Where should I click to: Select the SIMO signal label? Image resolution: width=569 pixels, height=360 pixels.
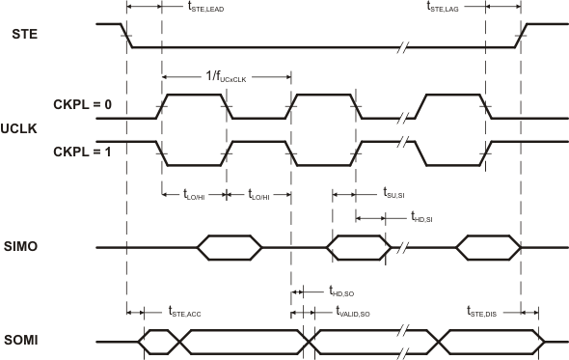[27, 248]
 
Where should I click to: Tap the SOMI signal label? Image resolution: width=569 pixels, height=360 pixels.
[27, 340]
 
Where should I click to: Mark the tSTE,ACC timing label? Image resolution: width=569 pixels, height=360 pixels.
[184, 312]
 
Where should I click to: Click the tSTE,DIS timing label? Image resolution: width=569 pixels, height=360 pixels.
[482, 312]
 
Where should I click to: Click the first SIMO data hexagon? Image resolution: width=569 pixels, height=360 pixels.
[229, 248]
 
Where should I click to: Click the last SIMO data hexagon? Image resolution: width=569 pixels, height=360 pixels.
[488, 248]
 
